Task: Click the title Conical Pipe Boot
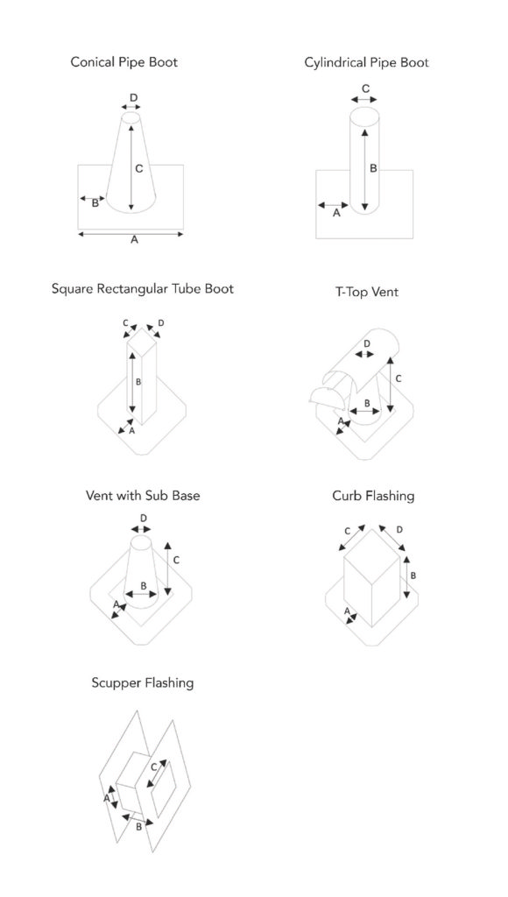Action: (124, 62)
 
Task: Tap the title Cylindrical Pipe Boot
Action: (367, 62)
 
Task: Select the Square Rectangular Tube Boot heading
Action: (143, 288)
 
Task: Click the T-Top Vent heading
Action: (367, 292)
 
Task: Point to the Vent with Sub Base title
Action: (143, 495)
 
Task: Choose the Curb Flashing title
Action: (373, 496)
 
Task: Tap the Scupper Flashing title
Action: (143, 682)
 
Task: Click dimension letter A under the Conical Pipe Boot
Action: (134, 240)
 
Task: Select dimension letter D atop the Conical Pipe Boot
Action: (133, 98)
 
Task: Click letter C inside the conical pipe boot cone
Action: (139, 169)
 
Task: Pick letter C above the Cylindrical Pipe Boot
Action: (366, 88)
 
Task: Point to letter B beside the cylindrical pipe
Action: (373, 168)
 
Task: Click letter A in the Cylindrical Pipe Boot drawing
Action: (336, 213)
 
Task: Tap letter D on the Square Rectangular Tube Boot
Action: (161, 323)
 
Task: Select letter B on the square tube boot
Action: (138, 382)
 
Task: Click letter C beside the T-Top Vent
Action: (399, 378)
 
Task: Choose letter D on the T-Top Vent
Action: (367, 343)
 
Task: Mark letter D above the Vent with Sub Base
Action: (144, 519)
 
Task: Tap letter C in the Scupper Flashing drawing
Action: (153, 767)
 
